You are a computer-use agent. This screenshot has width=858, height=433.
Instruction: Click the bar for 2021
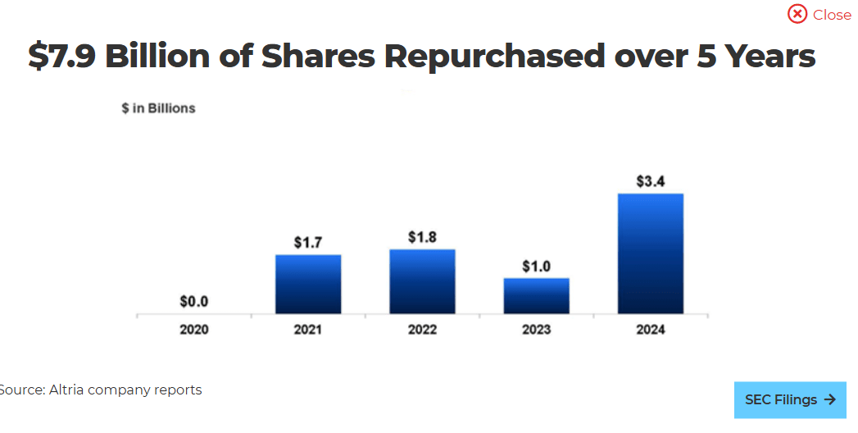pyautogui.click(x=307, y=284)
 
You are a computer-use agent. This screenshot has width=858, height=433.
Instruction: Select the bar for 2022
pyautogui.click(x=422, y=281)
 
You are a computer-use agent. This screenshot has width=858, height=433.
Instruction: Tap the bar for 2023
pyautogui.click(x=536, y=295)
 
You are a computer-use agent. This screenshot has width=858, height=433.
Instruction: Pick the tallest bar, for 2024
pyautogui.click(x=651, y=253)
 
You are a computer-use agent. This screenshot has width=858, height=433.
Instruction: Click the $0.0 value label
pyautogui.click(x=194, y=302)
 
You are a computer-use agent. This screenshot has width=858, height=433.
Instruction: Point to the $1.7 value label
pyautogui.click(x=308, y=243)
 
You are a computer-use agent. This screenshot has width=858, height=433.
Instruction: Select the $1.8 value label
pyautogui.click(x=422, y=237)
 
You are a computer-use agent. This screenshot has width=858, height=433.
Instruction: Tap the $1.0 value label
pyautogui.click(x=536, y=267)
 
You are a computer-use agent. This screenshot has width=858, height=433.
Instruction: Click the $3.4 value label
pyautogui.click(x=651, y=181)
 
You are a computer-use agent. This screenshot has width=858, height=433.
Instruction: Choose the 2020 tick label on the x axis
pyautogui.click(x=194, y=330)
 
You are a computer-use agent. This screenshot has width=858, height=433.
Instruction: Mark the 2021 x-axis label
pyautogui.click(x=308, y=330)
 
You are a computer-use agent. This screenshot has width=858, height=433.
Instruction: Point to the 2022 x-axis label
pyautogui.click(x=422, y=330)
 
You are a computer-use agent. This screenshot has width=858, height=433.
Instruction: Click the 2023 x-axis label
pyautogui.click(x=536, y=330)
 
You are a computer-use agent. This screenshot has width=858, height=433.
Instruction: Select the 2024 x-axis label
pyautogui.click(x=651, y=330)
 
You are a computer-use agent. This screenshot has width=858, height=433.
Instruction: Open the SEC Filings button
pyautogui.click(x=790, y=400)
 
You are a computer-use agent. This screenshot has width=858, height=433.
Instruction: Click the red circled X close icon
pyautogui.click(x=797, y=14)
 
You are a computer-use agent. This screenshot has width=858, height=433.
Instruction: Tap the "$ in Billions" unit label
pyautogui.click(x=158, y=108)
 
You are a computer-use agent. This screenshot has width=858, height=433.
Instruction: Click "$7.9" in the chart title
pyautogui.click(x=61, y=57)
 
